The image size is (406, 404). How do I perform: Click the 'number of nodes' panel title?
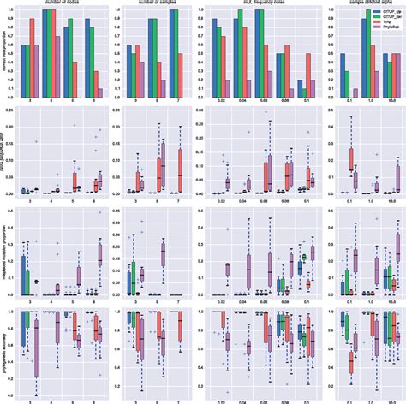click(58, 3)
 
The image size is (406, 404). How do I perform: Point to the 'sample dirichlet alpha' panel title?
click(355, 3)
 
